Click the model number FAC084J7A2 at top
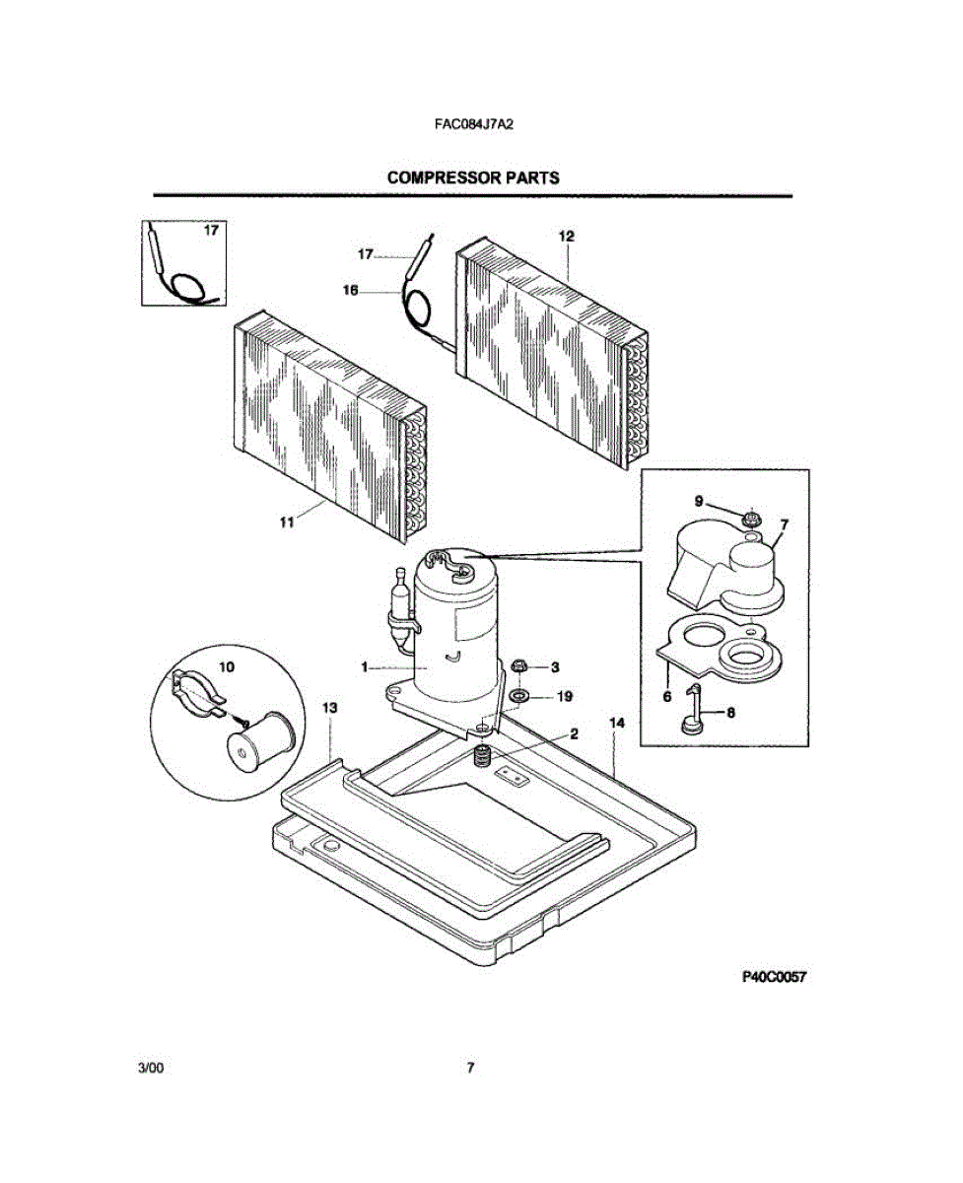coord(475,125)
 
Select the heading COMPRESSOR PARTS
coord(473,178)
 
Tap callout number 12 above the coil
coord(567,236)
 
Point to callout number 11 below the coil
coord(287,523)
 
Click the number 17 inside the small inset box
coord(211,231)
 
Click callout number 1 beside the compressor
coord(365,667)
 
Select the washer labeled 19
coord(517,697)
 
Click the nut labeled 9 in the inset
coord(750,516)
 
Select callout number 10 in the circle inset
coord(227,666)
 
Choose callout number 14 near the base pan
coord(617,724)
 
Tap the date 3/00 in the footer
coord(151,1068)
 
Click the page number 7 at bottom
coord(471,1068)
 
